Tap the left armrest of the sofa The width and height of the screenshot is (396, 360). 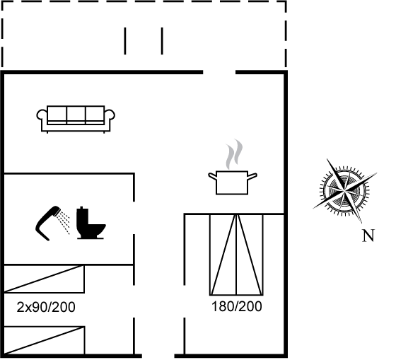click(x=42, y=115)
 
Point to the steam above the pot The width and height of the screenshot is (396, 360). click(x=234, y=154)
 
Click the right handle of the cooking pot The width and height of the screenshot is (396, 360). click(x=252, y=176)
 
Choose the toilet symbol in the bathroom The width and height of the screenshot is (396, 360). click(x=91, y=223)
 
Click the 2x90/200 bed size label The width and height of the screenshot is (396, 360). click(x=46, y=307)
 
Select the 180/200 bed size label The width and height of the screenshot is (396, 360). click(x=237, y=306)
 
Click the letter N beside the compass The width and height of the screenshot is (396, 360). click(x=368, y=236)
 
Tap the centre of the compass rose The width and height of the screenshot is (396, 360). click(x=344, y=190)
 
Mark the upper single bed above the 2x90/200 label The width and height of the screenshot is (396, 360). click(x=44, y=279)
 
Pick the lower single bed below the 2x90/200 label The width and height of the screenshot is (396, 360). click(x=44, y=340)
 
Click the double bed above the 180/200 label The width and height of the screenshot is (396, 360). click(x=236, y=255)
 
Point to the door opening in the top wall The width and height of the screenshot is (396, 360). click(x=219, y=73)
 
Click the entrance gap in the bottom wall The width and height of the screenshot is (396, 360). click(x=158, y=356)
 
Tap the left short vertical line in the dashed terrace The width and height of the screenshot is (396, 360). click(x=125, y=41)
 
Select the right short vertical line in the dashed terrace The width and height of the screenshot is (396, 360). click(x=162, y=41)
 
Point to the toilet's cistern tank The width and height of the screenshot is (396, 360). click(x=82, y=216)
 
